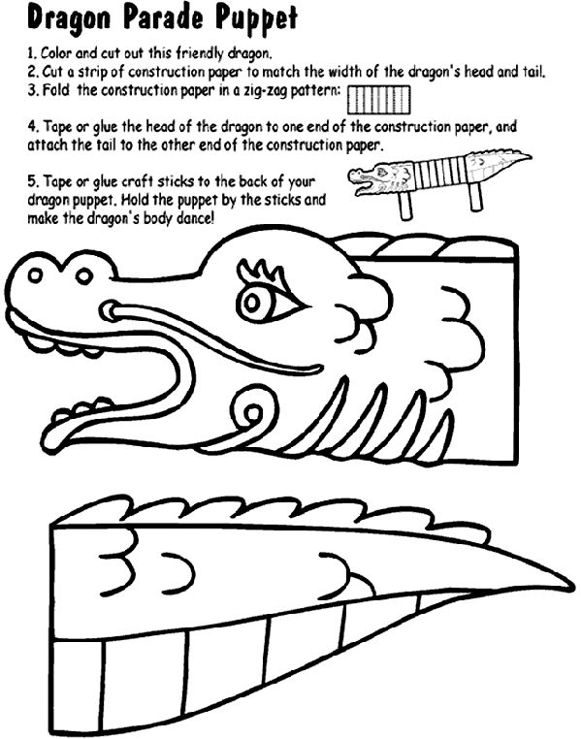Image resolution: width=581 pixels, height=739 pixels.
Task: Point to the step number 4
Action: pyautogui.click(x=32, y=126)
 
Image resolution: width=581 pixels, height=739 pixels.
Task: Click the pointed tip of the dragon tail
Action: pyautogui.click(x=569, y=586)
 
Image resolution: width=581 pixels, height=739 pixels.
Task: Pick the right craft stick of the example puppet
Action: pyautogui.click(x=476, y=198)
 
